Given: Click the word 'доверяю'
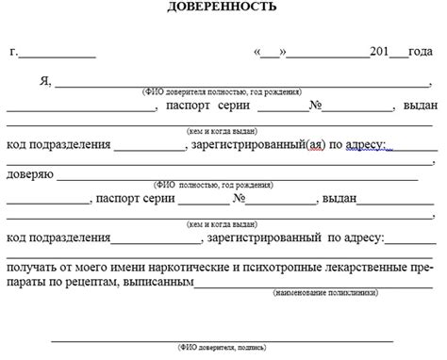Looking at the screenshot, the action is [x=31, y=173].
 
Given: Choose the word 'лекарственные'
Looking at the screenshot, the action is [x=363, y=267].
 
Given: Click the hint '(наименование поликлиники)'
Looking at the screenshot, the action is [x=325, y=294].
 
